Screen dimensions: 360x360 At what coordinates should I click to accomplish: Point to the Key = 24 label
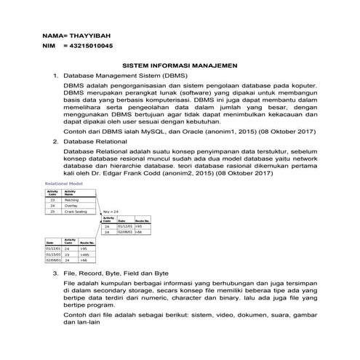(x=111, y=211)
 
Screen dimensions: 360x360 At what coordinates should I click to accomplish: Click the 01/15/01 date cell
(x=53, y=255)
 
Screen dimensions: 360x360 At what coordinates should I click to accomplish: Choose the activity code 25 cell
(x=52, y=212)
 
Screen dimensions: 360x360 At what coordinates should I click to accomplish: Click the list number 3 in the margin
(x=57, y=271)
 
